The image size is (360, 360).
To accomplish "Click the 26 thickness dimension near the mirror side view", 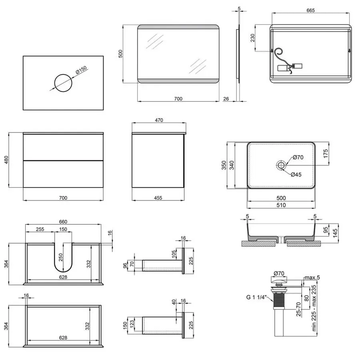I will coord(226,98).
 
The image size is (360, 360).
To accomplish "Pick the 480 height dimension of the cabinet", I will coord(5,160).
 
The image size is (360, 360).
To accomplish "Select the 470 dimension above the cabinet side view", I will coord(159,120).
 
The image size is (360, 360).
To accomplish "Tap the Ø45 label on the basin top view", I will coord(296,174).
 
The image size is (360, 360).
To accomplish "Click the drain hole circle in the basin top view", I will coord(281,165).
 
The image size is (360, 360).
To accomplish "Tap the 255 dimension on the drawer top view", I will coord(40,230).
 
